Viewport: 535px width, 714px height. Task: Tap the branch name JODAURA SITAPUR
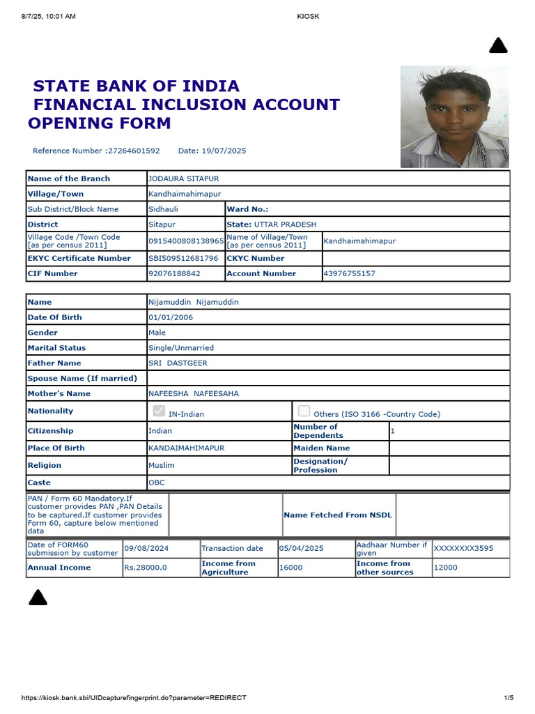[178, 178]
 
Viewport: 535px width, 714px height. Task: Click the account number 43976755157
[350, 273]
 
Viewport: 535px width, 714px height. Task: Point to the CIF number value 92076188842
[174, 273]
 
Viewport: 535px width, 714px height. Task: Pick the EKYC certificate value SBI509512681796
[183, 258]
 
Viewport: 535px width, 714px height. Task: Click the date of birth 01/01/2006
[171, 317]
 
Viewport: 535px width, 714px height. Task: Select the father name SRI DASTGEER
[178, 363]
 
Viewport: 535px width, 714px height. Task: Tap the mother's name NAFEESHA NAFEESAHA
[194, 394]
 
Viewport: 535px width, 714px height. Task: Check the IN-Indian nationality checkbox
[159, 411]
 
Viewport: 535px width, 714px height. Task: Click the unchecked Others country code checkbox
[304, 411]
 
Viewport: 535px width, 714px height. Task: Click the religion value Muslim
[162, 465]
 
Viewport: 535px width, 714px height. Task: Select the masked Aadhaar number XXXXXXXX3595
[463, 549]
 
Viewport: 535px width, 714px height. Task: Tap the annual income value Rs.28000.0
[146, 568]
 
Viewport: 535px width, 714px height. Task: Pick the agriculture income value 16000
[291, 568]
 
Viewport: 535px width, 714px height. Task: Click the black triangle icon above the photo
[498, 46]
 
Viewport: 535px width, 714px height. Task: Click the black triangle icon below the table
[38, 597]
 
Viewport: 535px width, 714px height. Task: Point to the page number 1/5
[509, 698]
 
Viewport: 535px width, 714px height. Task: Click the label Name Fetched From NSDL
[338, 515]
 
